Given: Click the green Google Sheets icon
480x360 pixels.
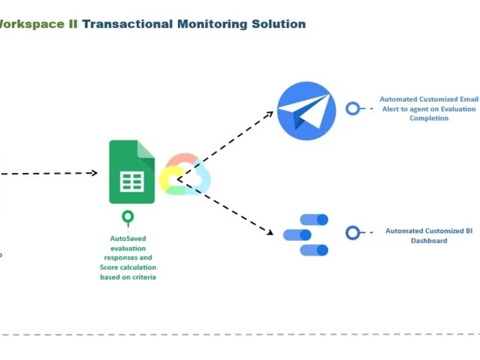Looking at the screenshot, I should pyautogui.click(x=132, y=171).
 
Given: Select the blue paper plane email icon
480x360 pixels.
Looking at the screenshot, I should pyautogui.click(x=306, y=111).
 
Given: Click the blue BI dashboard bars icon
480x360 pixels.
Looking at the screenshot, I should pyautogui.click(x=306, y=235).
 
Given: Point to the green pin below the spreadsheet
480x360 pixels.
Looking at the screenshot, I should pyautogui.click(x=128, y=218).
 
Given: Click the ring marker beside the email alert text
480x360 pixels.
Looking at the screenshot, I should pyautogui.click(x=353, y=108).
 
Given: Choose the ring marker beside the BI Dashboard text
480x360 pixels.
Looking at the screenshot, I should pyautogui.click(x=353, y=233).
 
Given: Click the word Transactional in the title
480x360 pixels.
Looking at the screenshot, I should pyautogui.click(x=127, y=24).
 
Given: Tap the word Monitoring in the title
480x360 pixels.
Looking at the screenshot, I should pyautogui.click(x=210, y=24).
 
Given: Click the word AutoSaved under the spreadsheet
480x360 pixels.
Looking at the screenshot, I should pyautogui.click(x=128, y=239).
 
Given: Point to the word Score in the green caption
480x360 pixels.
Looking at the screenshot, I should pyautogui.click(x=109, y=267).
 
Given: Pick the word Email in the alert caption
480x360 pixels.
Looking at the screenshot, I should pyautogui.click(x=469, y=99).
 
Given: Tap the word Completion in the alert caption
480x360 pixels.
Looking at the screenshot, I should pyautogui.click(x=429, y=118).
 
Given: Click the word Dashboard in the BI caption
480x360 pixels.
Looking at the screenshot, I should pyautogui.click(x=429, y=240).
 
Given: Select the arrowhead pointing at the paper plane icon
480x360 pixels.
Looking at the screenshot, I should pyautogui.click(x=270, y=114).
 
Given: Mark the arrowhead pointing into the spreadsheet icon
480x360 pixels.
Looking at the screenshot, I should pyautogui.click(x=95, y=173).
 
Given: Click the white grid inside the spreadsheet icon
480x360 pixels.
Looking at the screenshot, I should pyautogui.click(x=132, y=182).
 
